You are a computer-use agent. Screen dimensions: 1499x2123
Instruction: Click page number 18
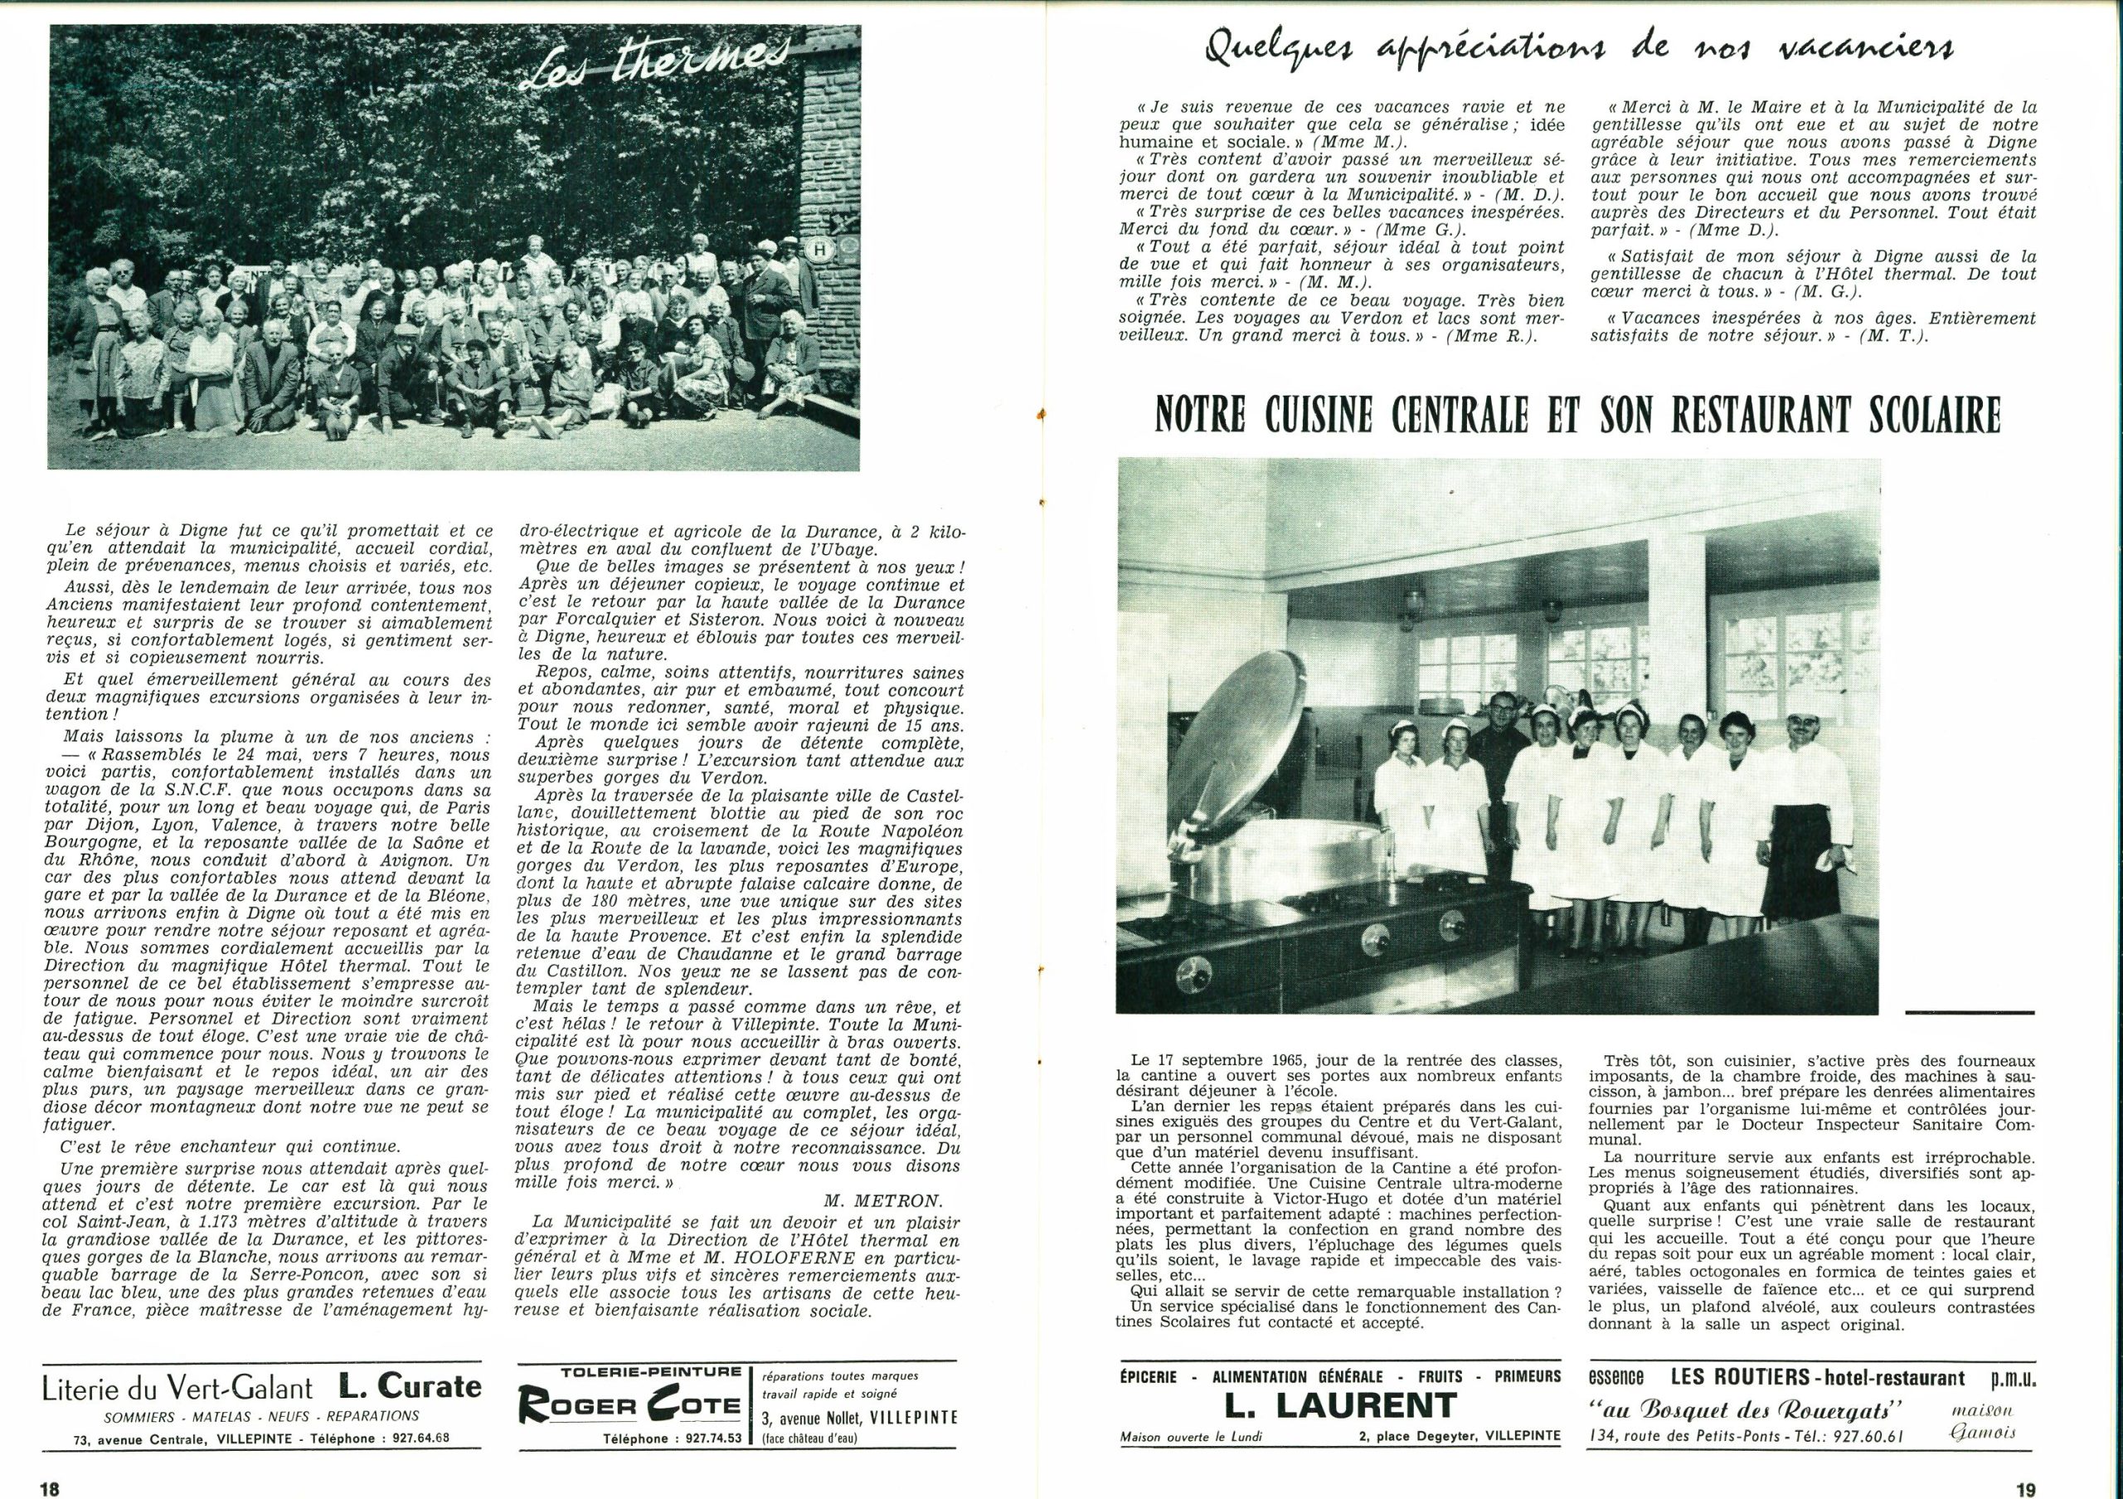(x=50, y=1488)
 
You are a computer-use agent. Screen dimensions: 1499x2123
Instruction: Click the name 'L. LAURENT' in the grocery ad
(x=1341, y=1405)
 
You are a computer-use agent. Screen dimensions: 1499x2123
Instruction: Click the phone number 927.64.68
(x=416, y=1438)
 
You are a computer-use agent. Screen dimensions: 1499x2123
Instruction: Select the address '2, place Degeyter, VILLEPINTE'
(x=1454, y=1436)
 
